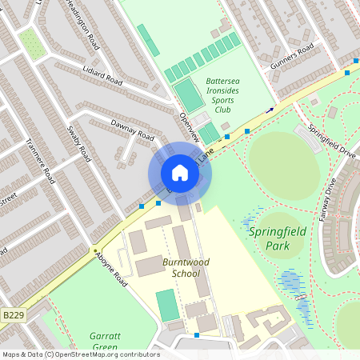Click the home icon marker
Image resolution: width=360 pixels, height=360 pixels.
point(180,173)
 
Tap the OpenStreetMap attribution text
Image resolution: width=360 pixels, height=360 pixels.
point(81,354)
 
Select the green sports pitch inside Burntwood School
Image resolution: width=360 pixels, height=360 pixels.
point(167,305)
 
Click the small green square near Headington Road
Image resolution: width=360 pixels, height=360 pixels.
point(32,43)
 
